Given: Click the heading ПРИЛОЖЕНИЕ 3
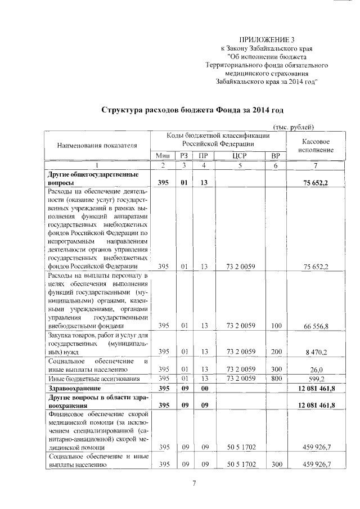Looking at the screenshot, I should [267, 39].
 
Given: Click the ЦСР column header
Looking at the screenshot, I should [239, 156].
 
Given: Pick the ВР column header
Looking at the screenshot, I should [276, 156].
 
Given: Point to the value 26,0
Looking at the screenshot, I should [322, 370].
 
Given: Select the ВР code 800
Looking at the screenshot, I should [276, 379].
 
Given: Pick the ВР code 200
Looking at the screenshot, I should [276, 352].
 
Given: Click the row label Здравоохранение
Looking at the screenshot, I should [76, 388].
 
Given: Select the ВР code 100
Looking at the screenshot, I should [276, 325].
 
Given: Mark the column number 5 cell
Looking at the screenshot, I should [239, 165].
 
